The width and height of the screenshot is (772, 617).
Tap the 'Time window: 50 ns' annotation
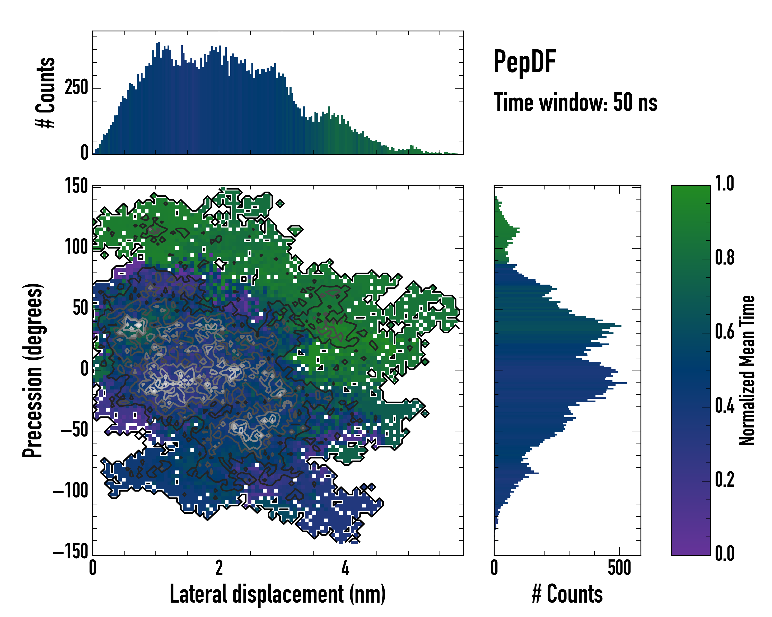tap(575, 102)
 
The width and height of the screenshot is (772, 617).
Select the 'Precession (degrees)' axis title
tap(33, 370)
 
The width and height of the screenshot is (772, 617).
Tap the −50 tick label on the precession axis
tap(74, 431)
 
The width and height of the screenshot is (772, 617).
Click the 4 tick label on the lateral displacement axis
tap(345, 568)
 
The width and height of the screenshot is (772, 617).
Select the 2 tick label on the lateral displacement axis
tap(219, 568)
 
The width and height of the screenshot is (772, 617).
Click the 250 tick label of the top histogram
tap(76, 88)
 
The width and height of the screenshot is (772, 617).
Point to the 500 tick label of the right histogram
tap(619, 568)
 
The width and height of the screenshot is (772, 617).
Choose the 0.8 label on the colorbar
tap(724, 258)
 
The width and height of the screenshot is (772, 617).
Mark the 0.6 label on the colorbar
tap(724, 332)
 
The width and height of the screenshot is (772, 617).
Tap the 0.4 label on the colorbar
tap(724, 406)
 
